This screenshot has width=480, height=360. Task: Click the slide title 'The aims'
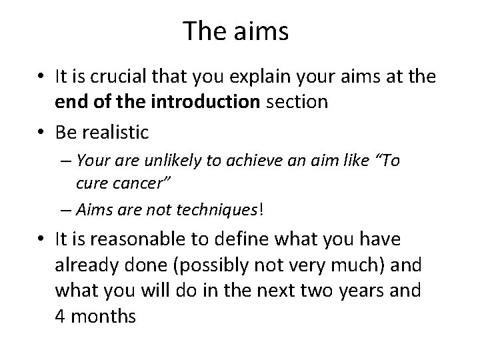tap(236, 31)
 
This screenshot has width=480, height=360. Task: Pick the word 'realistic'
tap(115, 133)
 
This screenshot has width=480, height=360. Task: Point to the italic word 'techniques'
tap(223, 210)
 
